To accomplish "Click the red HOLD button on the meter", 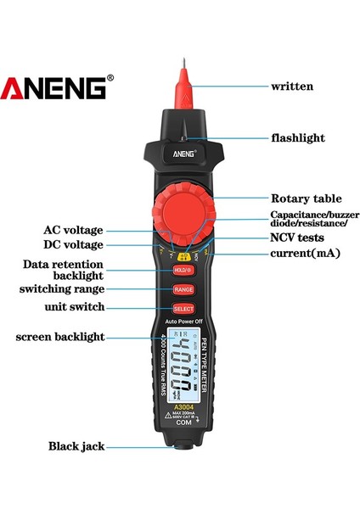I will point(183,270).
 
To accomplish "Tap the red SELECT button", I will point(183,308).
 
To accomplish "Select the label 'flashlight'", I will point(297,137).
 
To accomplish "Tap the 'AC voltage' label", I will point(73,230).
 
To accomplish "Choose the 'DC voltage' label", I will point(73,245).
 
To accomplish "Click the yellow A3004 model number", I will point(184,405).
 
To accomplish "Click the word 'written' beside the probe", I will point(292,86).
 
